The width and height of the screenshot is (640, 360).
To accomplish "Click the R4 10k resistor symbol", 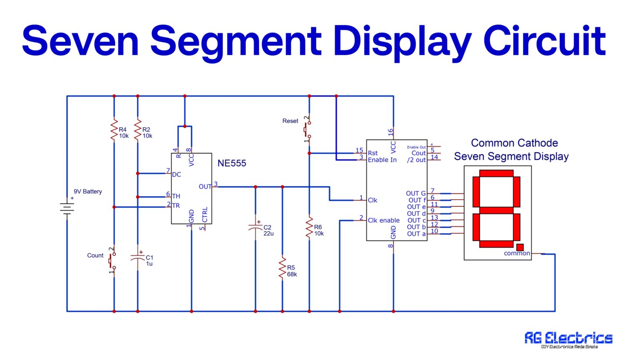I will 114,130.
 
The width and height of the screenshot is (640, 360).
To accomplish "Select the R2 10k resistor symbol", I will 137,130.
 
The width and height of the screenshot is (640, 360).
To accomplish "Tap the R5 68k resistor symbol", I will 282,268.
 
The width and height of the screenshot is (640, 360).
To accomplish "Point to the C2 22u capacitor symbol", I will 255,228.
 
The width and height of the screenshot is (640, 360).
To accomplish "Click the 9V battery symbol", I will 67,208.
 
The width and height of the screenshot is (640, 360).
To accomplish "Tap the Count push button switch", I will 112,261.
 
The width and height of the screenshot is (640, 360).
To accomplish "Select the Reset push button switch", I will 307,129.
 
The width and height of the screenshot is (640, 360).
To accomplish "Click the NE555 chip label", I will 232,163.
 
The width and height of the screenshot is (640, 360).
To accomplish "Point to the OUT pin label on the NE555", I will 205,187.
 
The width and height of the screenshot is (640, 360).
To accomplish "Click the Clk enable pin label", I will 383,220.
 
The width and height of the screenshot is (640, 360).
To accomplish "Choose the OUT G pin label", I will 415,193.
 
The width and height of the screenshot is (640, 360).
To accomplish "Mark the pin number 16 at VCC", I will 390,132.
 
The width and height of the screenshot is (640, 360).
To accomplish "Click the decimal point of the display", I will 520,247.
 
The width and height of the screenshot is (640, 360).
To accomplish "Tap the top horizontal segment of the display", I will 496,173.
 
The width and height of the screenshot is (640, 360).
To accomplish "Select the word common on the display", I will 517,253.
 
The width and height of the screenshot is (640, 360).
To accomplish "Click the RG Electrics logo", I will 568,339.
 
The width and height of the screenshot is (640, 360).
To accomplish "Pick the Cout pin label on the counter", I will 418,153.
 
